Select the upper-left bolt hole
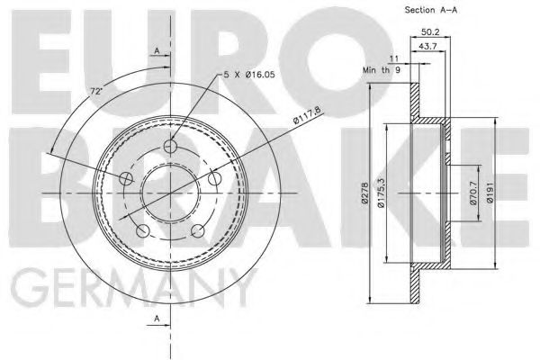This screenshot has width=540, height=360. (x=125, y=180)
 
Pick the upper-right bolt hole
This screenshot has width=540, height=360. (x=214, y=180)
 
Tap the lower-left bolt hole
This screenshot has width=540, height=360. (x=142, y=233)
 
